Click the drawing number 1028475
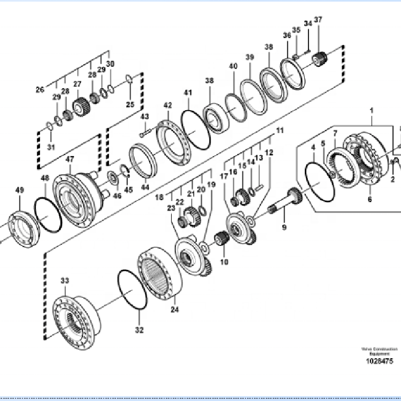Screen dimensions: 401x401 [379, 362]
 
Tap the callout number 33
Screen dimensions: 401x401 [65, 281]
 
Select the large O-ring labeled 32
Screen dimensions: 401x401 [131, 290]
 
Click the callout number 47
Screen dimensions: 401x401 [70, 159]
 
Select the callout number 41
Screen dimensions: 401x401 [188, 92]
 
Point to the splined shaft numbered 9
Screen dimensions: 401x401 [288, 200]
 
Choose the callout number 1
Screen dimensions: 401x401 [372, 110]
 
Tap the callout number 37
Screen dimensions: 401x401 [318, 20]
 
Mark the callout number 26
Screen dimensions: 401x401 [40, 90]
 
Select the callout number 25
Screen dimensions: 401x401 [130, 104]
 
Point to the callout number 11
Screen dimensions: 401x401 [280, 130]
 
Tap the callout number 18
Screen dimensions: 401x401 [159, 183]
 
